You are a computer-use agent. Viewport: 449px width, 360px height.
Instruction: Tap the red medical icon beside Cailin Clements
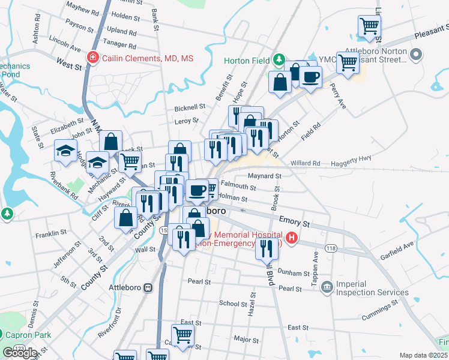point(93,58)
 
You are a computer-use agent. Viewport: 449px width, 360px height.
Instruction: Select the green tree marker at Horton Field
point(279,60)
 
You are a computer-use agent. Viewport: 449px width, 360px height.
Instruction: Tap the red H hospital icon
point(292,238)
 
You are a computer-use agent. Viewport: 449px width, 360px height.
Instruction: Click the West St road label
point(69,64)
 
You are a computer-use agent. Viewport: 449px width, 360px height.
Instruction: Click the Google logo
point(20,353)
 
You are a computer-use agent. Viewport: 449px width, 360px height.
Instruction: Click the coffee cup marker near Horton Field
point(310,77)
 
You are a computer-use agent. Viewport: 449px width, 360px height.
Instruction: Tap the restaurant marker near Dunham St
point(267,247)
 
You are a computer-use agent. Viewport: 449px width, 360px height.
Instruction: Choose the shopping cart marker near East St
point(182,334)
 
